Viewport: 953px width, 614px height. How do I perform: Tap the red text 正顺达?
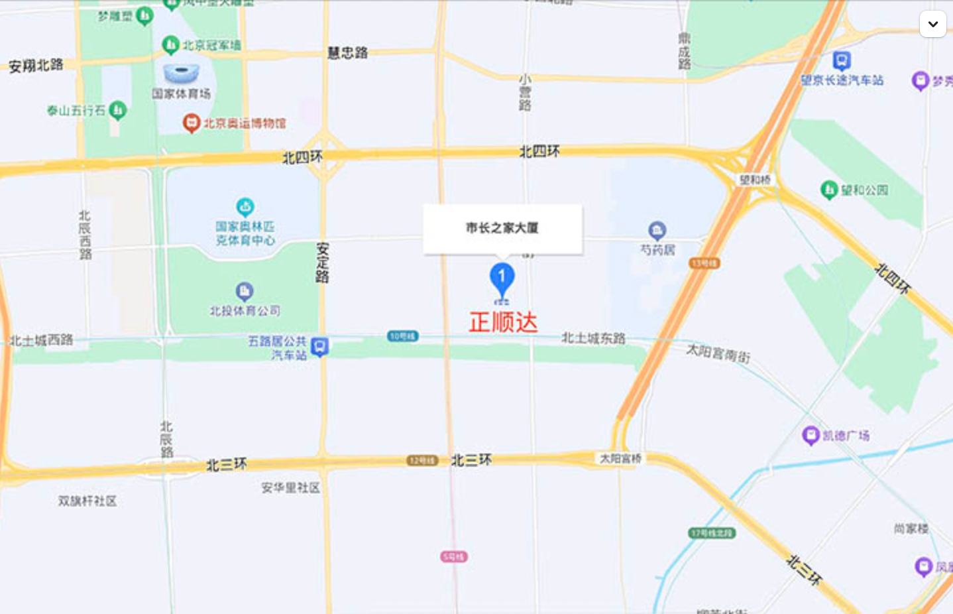click(503, 323)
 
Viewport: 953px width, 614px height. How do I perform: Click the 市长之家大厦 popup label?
click(502, 228)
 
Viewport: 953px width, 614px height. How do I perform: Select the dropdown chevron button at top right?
click(932, 25)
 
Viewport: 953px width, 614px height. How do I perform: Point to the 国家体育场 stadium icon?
click(181, 72)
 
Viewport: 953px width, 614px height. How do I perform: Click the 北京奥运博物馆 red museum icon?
click(192, 123)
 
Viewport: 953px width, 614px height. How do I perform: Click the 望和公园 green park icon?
click(829, 190)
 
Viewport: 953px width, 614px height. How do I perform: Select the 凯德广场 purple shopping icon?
click(811, 436)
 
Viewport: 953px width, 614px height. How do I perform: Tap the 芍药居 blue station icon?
click(657, 231)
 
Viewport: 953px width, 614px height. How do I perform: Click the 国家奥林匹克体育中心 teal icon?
click(245, 207)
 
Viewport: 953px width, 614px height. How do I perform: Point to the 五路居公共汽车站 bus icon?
click(320, 347)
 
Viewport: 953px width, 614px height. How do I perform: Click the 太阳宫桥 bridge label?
click(620, 458)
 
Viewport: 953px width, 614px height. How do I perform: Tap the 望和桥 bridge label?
click(755, 180)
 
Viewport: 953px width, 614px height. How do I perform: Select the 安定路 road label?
click(323, 263)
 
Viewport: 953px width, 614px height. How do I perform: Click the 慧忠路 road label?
click(348, 53)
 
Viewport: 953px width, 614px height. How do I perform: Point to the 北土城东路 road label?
click(594, 338)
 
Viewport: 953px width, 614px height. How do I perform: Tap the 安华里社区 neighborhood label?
click(290, 488)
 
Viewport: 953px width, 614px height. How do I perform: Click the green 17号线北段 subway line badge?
click(712, 533)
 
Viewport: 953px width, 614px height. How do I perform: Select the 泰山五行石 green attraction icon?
click(118, 109)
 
